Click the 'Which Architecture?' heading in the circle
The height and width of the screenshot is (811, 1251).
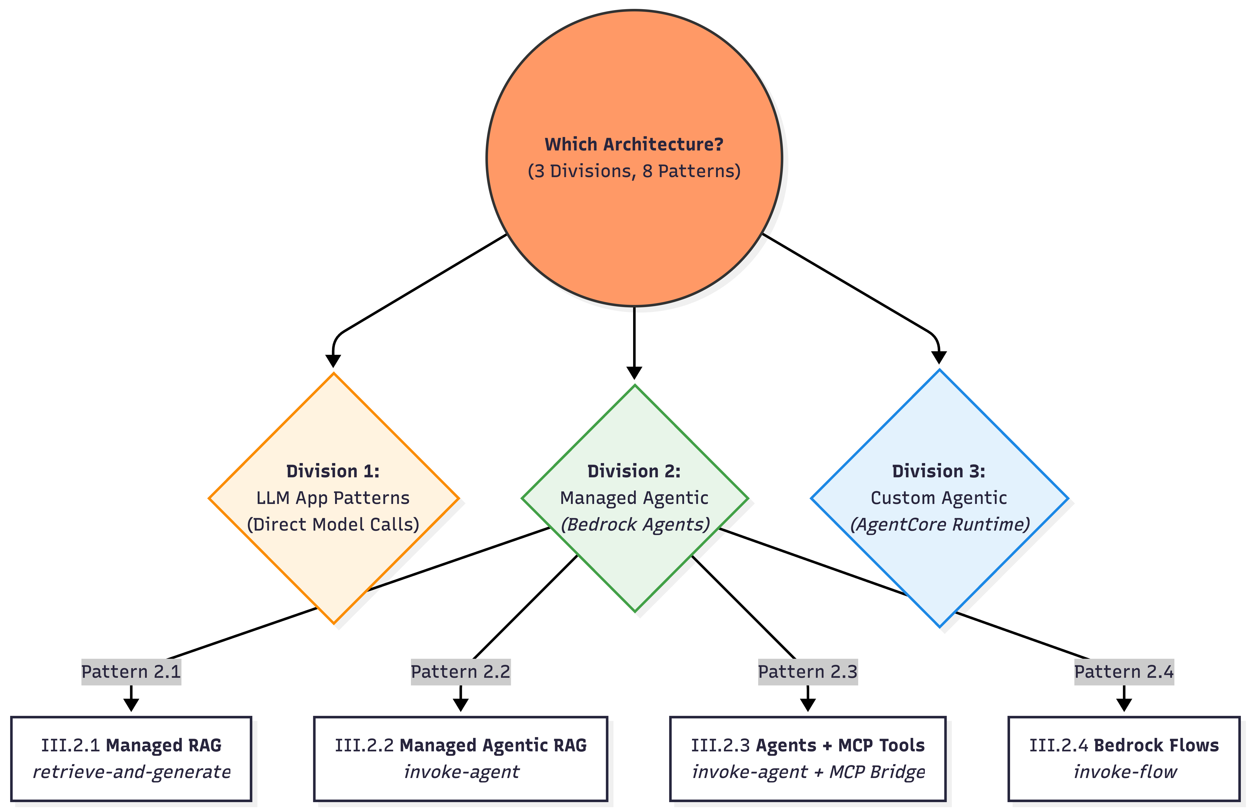coord(634,144)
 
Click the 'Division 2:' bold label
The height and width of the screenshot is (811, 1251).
coord(634,471)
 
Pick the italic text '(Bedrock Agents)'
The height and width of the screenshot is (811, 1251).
coord(635,524)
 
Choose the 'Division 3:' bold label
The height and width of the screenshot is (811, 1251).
coord(939,471)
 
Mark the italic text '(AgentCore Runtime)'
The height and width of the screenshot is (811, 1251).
coord(940,524)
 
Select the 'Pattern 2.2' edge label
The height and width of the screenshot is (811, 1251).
coord(460,672)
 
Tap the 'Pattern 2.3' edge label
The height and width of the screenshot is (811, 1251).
coord(808,672)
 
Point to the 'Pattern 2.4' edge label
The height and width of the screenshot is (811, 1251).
coord(1124,672)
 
